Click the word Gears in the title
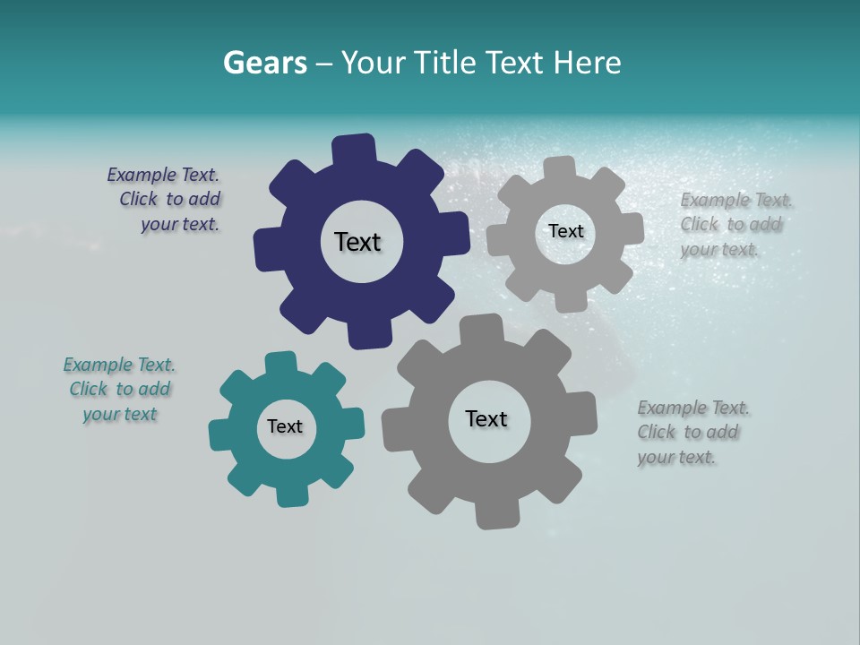(x=264, y=63)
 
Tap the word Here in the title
(x=587, y=63)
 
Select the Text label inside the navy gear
(x=357, y=242)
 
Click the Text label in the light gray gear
(x=565, y=231)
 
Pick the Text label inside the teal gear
(x=285, y=426)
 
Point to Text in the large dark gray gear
(x=486, y=419)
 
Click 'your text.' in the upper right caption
(x=719, y=250)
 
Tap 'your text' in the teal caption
(x=120, y=414)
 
